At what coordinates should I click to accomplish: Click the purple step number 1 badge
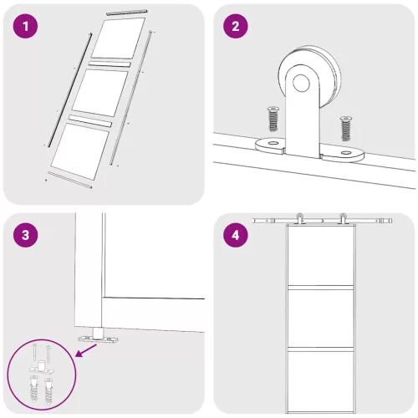pyautogui.click(x=25, y=27)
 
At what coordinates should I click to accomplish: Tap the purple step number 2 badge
pyautogui.click(x=236, y=27)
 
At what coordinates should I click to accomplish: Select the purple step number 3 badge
pyautogui.click(x=25, y=235)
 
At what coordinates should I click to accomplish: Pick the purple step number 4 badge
pyautogui.click(x=236, y=235)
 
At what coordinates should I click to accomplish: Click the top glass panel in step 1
pyautogui.click(x=119, y=38)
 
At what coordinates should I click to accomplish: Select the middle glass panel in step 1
pyautogui.click(x=100, y=93)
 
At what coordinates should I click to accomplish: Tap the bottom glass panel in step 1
pyautogui.click(x=80, y=151)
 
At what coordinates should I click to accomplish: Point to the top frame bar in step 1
pyautogui.click(x=126, y=13)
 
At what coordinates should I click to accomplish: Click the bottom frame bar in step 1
pyautogui.click(x=69, y=180)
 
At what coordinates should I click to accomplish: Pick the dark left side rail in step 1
pyautogui.click(x=70, y=90)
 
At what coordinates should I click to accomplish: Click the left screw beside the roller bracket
pyautogui.click(x=273, y=119)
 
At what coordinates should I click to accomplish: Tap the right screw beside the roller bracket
pyautogui.click(x=345, y=129)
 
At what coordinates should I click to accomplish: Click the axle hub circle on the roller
pyautogui.click(x=301, y=83)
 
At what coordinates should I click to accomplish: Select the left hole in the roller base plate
pyautogui.click(x=273, y=143)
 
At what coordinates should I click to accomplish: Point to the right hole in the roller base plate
pyautogui.click(x=346, y=153)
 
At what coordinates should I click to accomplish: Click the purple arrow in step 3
pyautogui.click(x=86, y=350)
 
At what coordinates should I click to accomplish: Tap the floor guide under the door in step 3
pyautogui.click(x=98, y=336)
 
